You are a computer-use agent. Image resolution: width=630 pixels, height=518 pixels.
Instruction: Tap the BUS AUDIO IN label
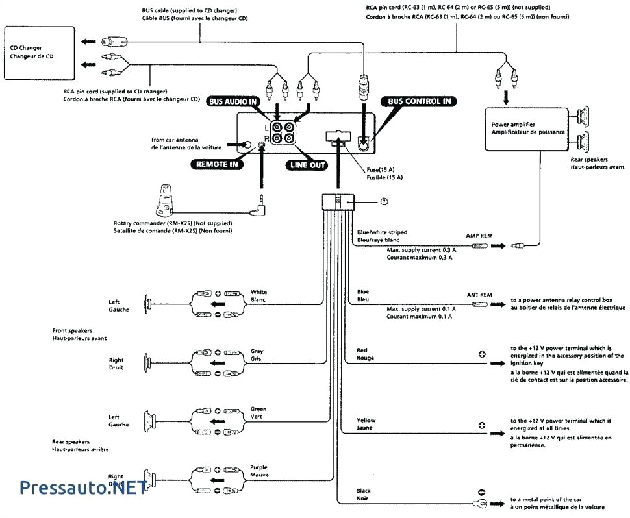click(233, 101)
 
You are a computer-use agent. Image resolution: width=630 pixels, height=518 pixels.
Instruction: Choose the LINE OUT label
click(307, 165)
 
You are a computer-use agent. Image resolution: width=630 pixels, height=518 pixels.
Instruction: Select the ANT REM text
click(479, 294)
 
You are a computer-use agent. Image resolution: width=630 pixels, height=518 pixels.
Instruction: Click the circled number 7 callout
click(384, 201)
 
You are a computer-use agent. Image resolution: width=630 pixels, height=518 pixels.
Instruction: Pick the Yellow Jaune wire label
click(366, 424)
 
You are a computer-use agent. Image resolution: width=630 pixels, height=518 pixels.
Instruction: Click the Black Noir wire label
click(364, 494)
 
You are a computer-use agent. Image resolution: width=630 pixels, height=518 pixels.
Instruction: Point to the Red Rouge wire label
click(364, 354)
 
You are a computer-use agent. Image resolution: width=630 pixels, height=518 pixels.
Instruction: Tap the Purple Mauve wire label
click(258, 471)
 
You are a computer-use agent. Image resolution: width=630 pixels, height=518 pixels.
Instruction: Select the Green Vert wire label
click(258, 413)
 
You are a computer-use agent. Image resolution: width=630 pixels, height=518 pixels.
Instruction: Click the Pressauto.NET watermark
click(82, 487)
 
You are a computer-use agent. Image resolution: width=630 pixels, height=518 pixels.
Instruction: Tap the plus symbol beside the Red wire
click(482, 354)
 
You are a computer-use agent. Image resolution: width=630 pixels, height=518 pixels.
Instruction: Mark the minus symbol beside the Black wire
click(482, 493)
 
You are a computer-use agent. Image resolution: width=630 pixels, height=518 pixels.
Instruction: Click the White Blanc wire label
click(258, 295)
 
